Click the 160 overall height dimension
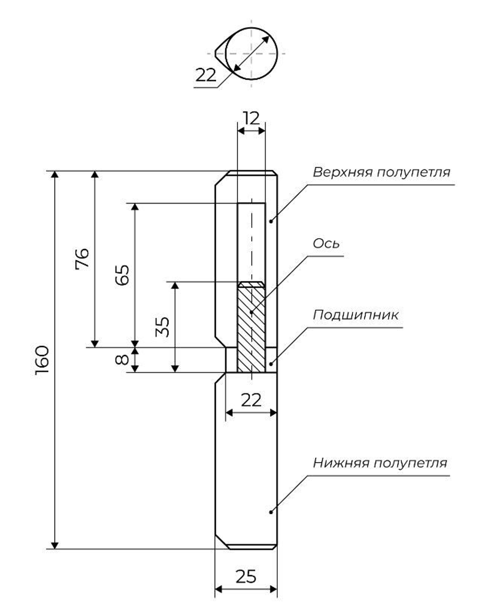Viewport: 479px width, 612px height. [43, 359]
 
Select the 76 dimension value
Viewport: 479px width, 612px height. [82, 259]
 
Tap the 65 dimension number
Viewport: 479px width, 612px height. [123, 275]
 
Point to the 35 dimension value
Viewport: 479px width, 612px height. [163, 327]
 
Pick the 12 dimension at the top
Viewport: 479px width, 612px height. [251, 118]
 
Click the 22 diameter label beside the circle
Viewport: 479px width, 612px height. [206, 76]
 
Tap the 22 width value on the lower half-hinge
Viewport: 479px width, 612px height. [251, 400]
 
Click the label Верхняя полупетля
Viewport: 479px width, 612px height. [381, 172]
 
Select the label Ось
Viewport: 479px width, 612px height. [326, 244]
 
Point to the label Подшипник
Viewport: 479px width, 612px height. [355, 315]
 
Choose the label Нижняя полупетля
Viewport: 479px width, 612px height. [380, 463]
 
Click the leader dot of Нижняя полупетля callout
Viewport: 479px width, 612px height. [271, 512]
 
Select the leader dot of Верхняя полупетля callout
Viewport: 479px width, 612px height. [271, 221]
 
